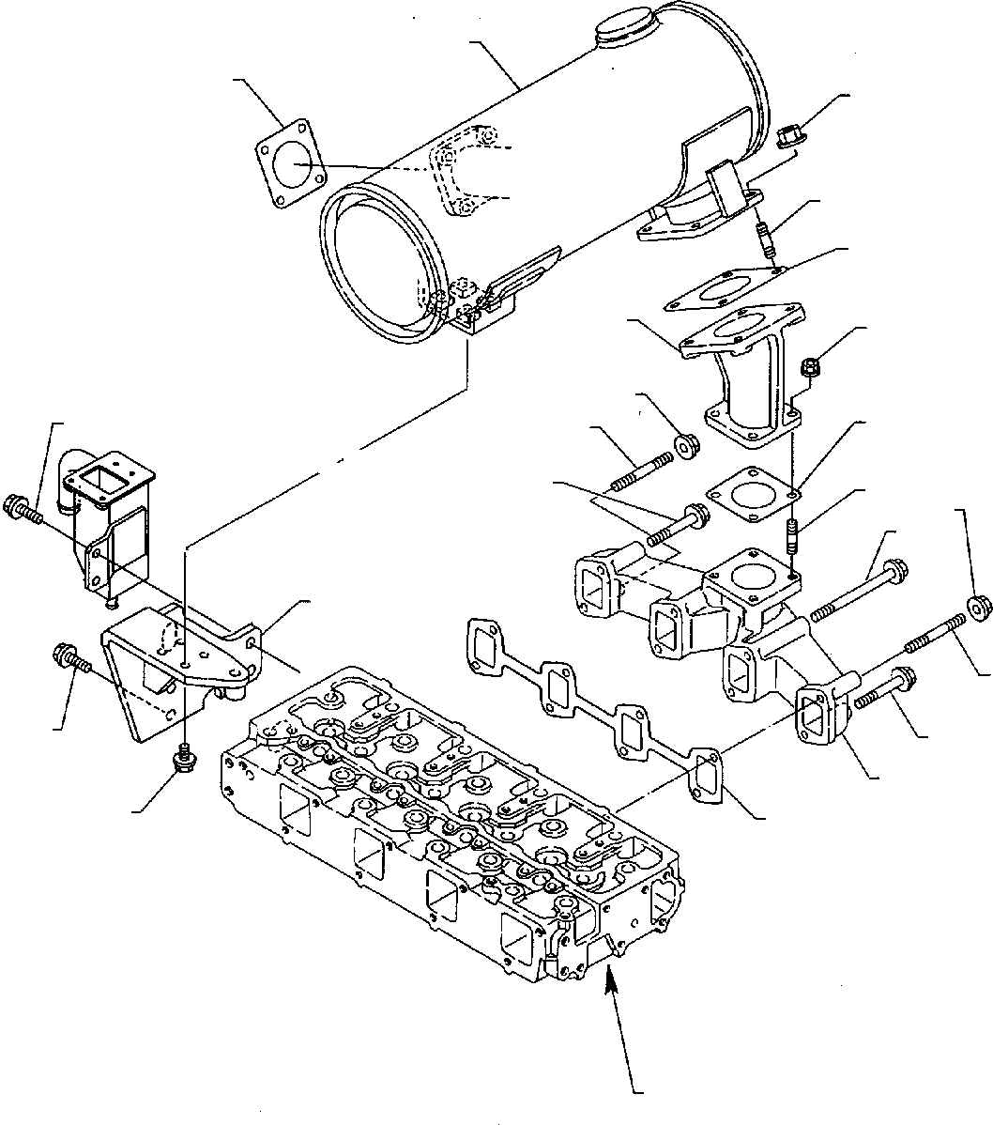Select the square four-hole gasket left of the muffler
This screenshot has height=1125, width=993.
(290, 166)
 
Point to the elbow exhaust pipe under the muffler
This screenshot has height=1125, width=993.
(747, 376)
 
